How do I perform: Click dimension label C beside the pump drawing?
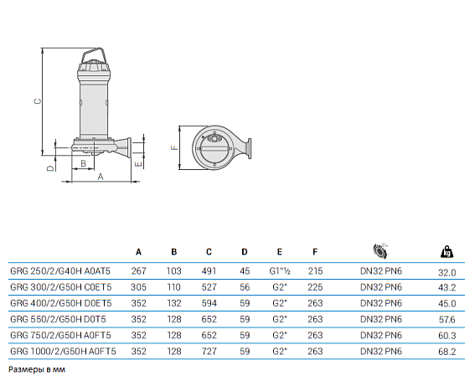coord(37,101)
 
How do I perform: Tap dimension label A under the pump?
coord(101,177)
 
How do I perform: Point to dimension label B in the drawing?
coord(83,164)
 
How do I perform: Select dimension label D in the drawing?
coord(51,168)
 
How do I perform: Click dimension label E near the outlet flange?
coord(138,164)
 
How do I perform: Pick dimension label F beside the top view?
coord(174,147)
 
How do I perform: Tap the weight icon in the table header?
coord(447,252)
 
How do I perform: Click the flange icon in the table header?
coord(381,251)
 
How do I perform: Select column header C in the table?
coord(209,252)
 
